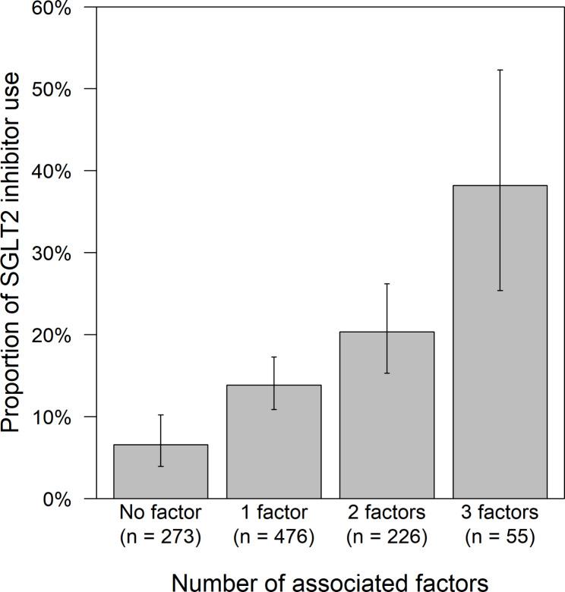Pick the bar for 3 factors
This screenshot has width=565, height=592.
click(x=500, y=342)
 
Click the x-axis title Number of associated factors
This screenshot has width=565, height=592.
click(x=330, y=581)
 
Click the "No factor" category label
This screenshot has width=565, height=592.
click(x=160, y=510)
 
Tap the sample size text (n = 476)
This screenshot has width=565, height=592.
click(x=273, y=537)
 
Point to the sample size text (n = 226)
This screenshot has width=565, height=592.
click(x=387, y=537)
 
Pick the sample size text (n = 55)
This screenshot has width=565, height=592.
click(x=500, y=537)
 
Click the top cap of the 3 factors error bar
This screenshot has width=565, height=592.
click(x=500, y=70)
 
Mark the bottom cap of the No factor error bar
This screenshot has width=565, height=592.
click(x=160, y=466)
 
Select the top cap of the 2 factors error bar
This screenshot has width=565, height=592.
click(x=387, y=284)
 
